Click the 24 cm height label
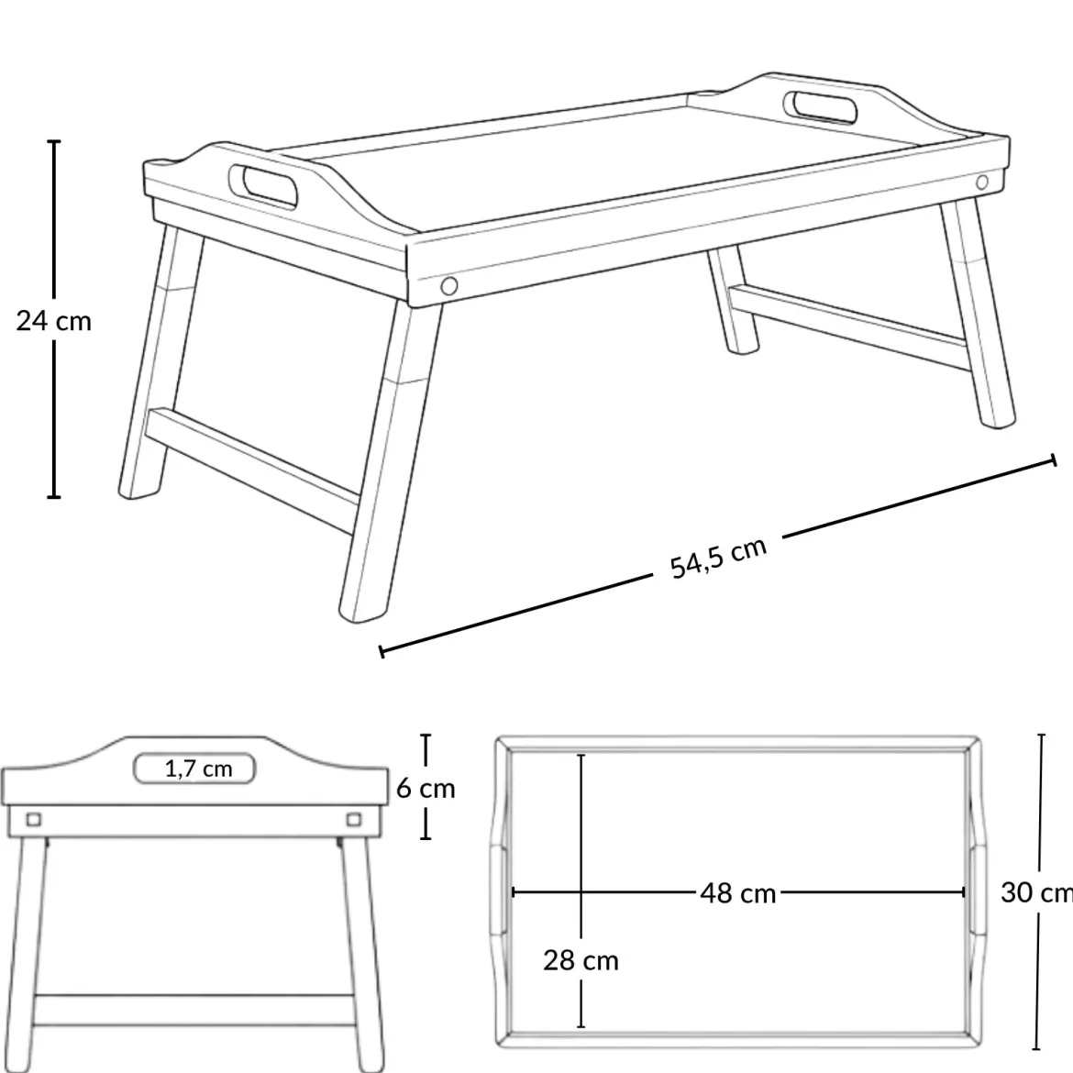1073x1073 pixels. [53, 321]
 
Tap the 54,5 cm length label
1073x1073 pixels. [718, 557]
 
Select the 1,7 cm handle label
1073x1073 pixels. [198, 769]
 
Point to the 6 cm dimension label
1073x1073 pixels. [426, 789]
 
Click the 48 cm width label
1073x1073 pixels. [737, 893]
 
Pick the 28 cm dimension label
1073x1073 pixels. [581, 961]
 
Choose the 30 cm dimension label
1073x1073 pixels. [1036, 892]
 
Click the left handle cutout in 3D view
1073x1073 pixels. [263, 185]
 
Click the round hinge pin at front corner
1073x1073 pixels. [448, 284]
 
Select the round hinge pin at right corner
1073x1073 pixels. [982, 182]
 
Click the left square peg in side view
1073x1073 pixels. [33, 819]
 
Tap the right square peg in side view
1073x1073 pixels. [354, 819]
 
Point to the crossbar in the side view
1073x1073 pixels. [195, 1010]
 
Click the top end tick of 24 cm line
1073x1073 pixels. [53, 141]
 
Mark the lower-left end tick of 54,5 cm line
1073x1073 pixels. [382, 651]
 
